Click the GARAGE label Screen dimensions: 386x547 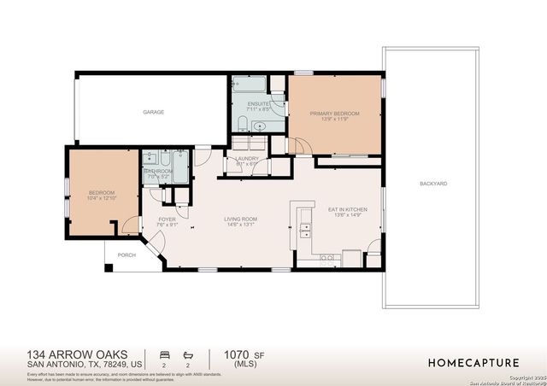click(154, 112)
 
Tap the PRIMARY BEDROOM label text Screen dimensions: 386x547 click(334, 114)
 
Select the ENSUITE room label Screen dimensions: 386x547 click(257, 104)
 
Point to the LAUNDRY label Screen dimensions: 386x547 click(247, 159)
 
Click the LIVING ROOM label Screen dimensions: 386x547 click(241, 219)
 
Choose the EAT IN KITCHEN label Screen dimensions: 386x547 click(348, 209)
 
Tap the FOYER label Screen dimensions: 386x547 click(168, 219)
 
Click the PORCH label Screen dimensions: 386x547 click(126, 255)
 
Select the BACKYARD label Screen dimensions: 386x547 click(433, 184)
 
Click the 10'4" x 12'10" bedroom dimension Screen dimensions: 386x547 click(102, 198)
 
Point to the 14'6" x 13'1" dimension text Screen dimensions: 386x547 click(241, 225)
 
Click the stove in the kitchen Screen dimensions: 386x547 click(351, 258)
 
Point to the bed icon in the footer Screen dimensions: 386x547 click(164, 353)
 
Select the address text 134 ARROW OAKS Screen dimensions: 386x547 click(67, 353)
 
